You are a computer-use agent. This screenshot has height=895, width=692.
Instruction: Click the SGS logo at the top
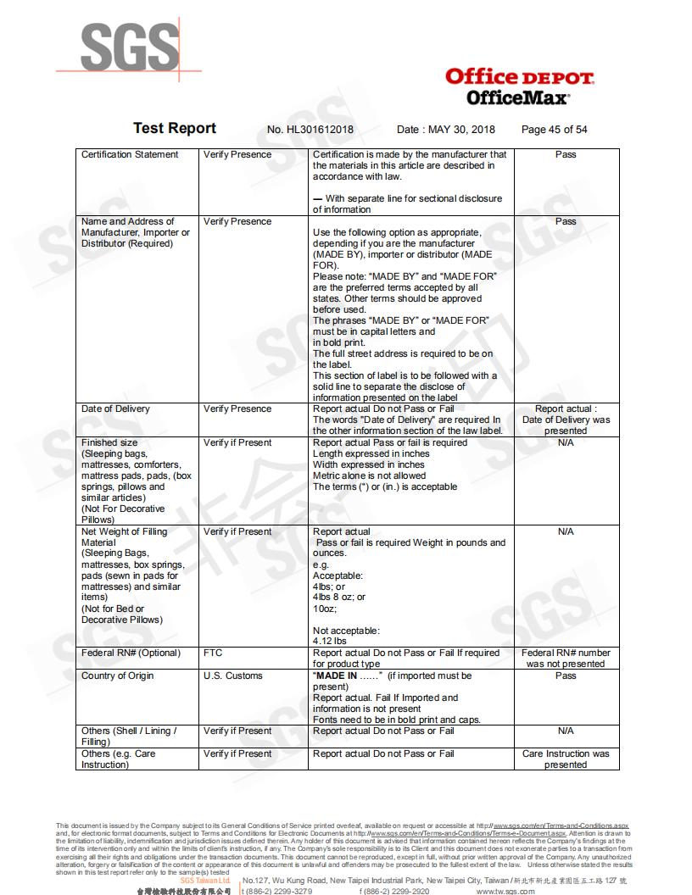click(x=130, y=47)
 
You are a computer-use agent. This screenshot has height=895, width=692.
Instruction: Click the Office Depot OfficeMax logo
click(x=519, y=86)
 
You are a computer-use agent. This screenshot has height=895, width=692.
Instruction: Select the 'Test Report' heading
click(x=175, y=128)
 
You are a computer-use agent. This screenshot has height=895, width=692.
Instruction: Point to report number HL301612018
click(x=310, y=130)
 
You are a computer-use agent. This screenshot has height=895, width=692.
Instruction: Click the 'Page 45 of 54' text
click(x=554, y=130)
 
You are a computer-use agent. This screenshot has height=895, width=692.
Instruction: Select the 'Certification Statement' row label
click(x=130, y=154)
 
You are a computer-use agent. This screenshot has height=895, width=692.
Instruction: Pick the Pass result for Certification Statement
click(x=566, y=154)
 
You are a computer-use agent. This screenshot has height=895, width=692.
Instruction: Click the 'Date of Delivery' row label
click(x=115, y=409)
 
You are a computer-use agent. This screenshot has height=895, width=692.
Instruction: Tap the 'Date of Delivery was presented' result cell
click(x=566, y=420)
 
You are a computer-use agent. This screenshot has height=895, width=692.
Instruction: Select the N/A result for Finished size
click(x=566, y=442)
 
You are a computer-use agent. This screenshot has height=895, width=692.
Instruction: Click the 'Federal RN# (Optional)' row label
click(x=131, y=653)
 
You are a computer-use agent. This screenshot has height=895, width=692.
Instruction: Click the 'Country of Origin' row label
click(x=118, y=675)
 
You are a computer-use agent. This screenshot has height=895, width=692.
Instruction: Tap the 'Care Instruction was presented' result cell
click(x=566, y=759)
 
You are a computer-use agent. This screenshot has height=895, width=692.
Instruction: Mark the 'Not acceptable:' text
click(x=346, y=631)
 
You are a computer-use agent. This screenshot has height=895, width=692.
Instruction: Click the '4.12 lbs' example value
click(x=330, y=642)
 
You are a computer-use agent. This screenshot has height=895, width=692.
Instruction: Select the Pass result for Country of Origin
click(x=566, y=675)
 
